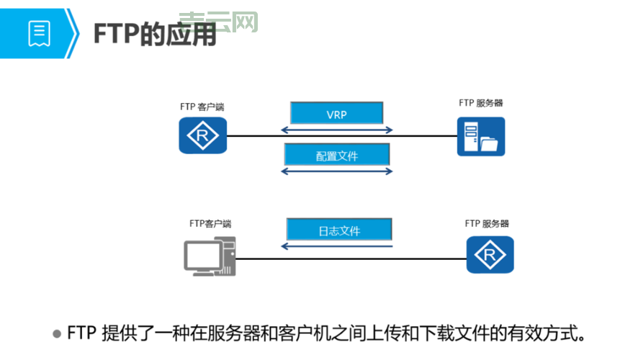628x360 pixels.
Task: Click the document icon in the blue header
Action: tap(39, 33)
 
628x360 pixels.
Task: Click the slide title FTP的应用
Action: tap(155, 33)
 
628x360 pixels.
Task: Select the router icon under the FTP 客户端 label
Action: tap(202, 135)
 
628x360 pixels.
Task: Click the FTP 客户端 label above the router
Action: tap(202, 107)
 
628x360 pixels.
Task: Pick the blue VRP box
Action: tap(336, 113)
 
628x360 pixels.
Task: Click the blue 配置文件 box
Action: tap(336, 155)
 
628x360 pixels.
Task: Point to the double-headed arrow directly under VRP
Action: tap(336, 130)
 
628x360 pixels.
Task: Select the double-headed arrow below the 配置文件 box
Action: tap(336, 171)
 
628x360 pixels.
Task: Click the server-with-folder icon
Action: tap(480, 136)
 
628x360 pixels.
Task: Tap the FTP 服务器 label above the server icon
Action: tap(480, 103)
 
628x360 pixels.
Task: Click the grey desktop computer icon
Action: tap(209, 256)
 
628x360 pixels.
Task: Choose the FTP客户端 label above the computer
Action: tap(210, 223)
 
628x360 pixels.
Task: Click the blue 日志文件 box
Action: tap(339, 230)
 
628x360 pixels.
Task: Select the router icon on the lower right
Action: tap(490, 254)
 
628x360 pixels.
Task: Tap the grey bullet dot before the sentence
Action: tap(57, 334)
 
